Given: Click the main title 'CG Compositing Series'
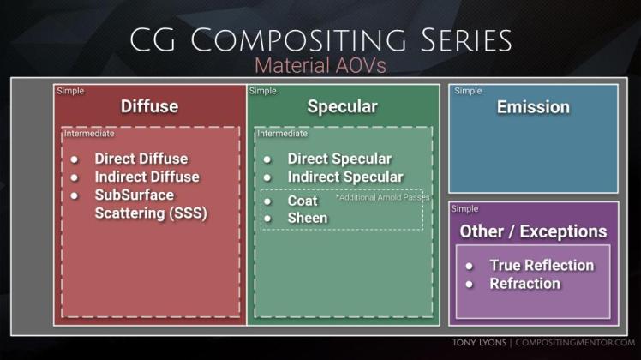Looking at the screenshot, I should [320, 39].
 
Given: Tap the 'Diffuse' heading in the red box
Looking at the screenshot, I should [149, 106].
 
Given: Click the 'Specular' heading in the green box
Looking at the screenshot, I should [342, 106].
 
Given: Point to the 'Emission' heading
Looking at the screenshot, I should [533, 107].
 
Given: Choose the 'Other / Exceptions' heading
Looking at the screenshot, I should [533, 231].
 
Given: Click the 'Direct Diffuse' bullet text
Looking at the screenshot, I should [141, 159].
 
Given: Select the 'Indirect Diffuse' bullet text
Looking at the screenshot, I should [147, 177].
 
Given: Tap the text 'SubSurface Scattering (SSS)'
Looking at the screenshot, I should [151, 204].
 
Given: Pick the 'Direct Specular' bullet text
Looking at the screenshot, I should [339, 159].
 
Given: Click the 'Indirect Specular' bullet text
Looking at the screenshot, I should [344, 177].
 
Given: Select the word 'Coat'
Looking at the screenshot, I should [303, 201].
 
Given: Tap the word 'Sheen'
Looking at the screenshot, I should [306, 218].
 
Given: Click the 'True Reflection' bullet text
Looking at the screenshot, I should [542, 265].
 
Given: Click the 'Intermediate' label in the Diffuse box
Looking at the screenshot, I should [89, 134].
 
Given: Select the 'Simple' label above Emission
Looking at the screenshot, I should [467, 90].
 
